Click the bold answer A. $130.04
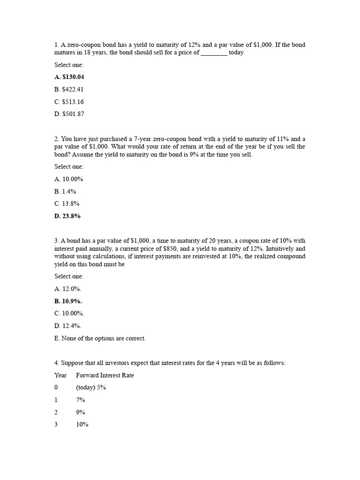(69, 77)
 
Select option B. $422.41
(69, 90)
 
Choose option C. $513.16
(69, 102)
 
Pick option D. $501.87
(69, 114)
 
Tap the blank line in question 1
(214, 53)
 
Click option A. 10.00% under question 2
(69, 179)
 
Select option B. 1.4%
(65, 191)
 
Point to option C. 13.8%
(67, 203)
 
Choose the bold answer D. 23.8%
(67, 216)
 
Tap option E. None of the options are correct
(100, 338)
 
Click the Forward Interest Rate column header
(105, 375)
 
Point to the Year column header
(60, 375)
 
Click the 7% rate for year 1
(81, 400)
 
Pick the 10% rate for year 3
(82, 425)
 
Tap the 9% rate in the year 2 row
(81, 412)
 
